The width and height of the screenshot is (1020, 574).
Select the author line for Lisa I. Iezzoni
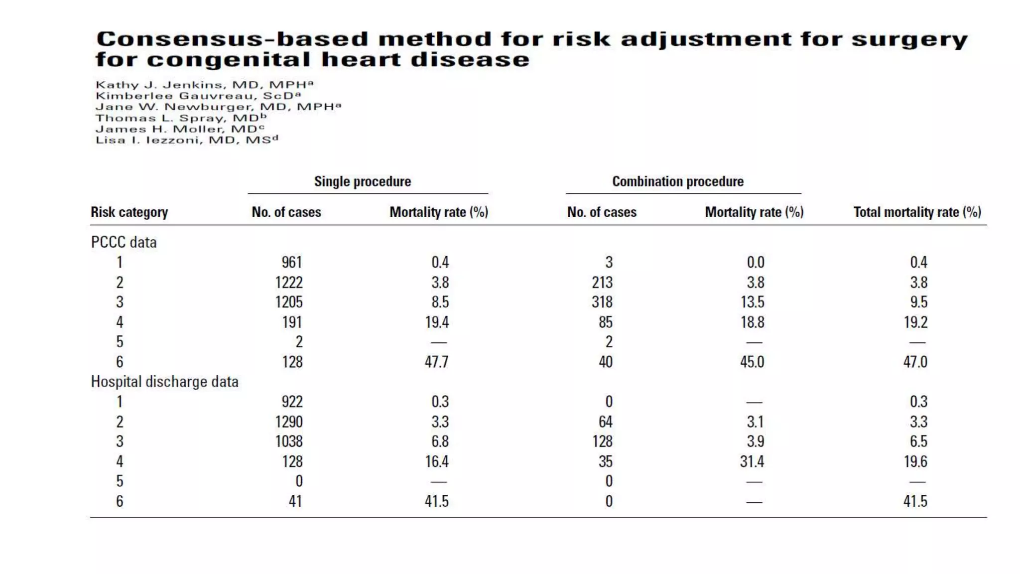tap(187, 140)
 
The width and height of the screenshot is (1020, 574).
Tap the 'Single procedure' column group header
tap(363, 181)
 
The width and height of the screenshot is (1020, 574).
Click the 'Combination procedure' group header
tap(678, 181)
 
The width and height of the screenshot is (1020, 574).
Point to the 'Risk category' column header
tap(129, 212)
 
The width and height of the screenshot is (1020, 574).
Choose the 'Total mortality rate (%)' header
tap(917, 212)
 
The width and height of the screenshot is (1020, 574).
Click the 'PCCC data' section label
tap(124, 242)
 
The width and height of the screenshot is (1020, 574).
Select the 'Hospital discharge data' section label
tap(164, 382)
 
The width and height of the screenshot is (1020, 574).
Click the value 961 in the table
tap(292, 262)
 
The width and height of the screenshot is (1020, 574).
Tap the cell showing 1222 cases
tap(289, 283)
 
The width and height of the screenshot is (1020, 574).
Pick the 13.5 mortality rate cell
tap(752, 302)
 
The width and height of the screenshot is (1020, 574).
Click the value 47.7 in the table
tap(436, 362)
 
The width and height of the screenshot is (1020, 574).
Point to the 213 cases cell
tap(602, 283)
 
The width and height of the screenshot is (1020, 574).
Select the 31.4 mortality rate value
tap(752, 461)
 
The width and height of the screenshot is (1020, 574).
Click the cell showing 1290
tap(289, 422)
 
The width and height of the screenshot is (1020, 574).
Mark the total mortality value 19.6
tap(915, 461)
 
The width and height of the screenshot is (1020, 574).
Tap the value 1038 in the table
tap(289, 441)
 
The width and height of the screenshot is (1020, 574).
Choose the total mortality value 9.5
tap(918, 302)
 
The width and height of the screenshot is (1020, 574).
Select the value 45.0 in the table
tap(752, 362)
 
